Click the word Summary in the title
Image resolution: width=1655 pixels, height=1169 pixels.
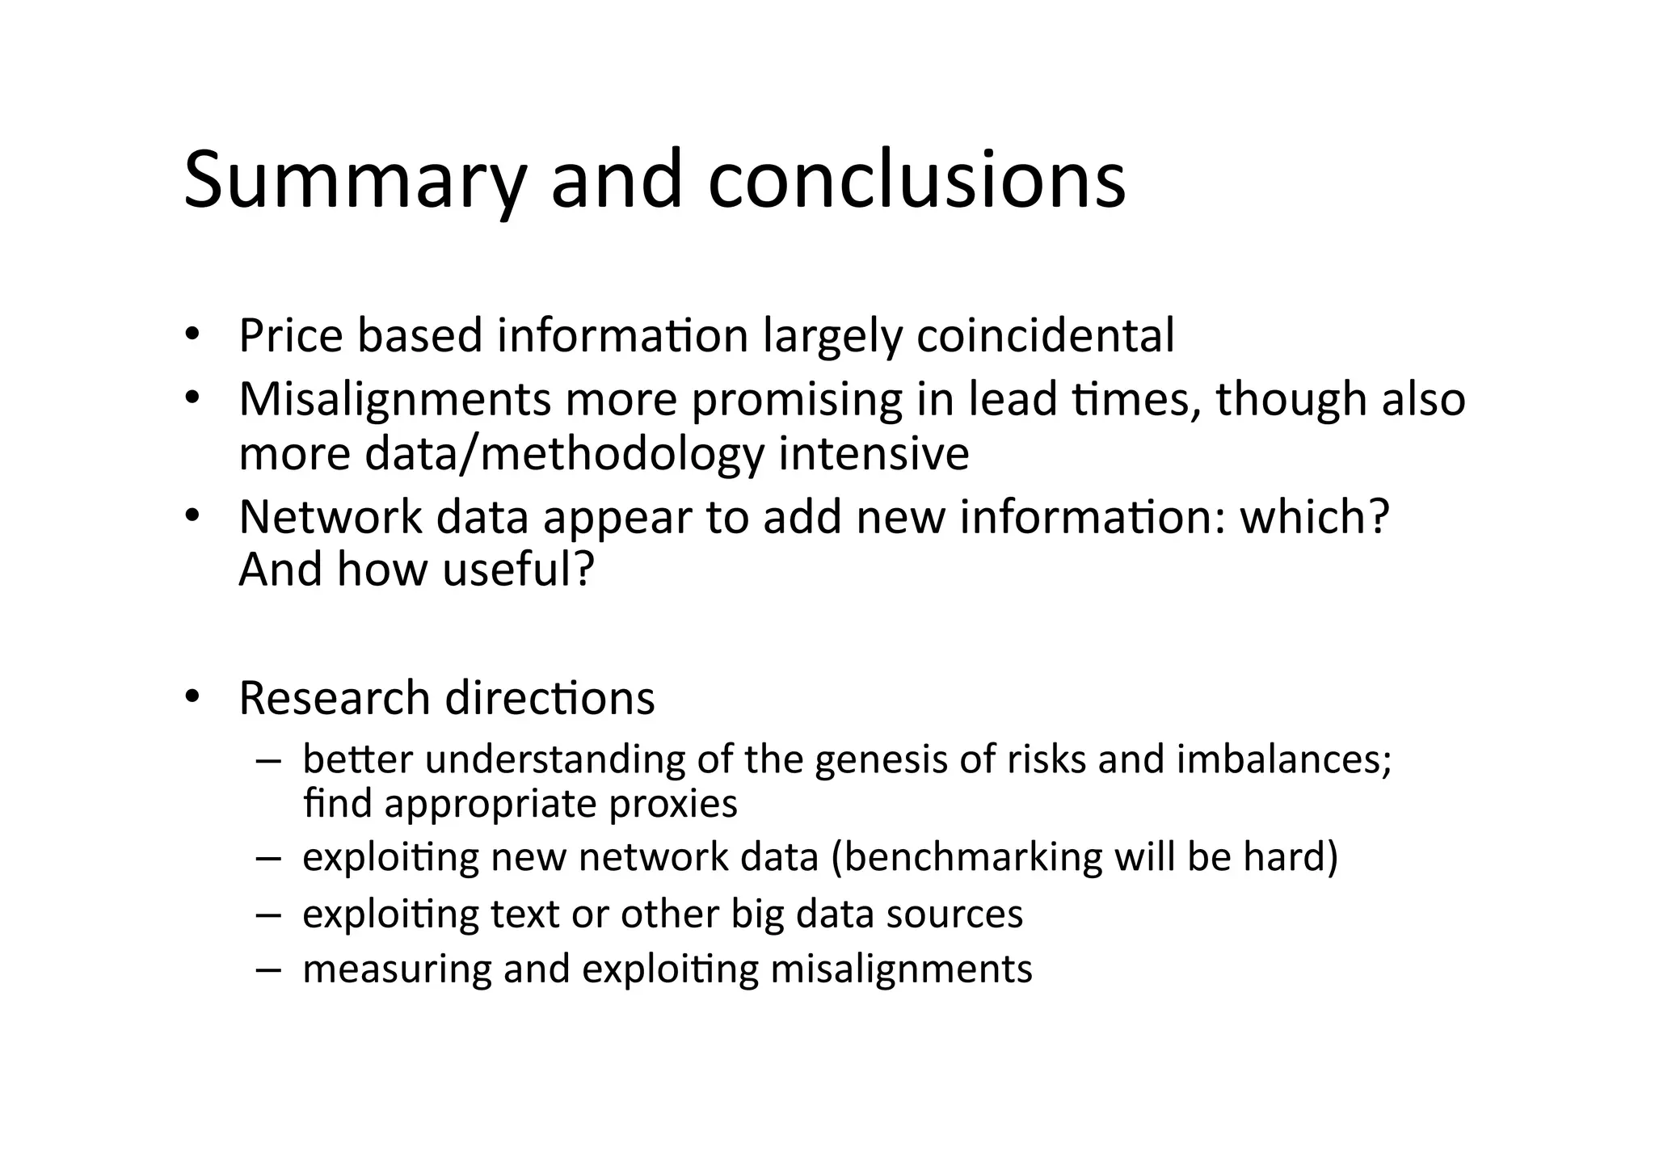tap(355, 180)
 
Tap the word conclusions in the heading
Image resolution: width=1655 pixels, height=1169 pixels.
tap(916, 180)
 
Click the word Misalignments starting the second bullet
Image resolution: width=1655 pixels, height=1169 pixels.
tap(394, 399)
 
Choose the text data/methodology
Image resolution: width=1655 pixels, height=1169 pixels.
tap(564, 453)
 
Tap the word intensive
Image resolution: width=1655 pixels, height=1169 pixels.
tap(874, 453)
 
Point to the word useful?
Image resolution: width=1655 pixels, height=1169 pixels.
tap(518, 570)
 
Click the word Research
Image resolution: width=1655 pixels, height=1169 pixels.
tap(334, 697)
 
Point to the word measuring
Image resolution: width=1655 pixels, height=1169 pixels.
tap(396, 969)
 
